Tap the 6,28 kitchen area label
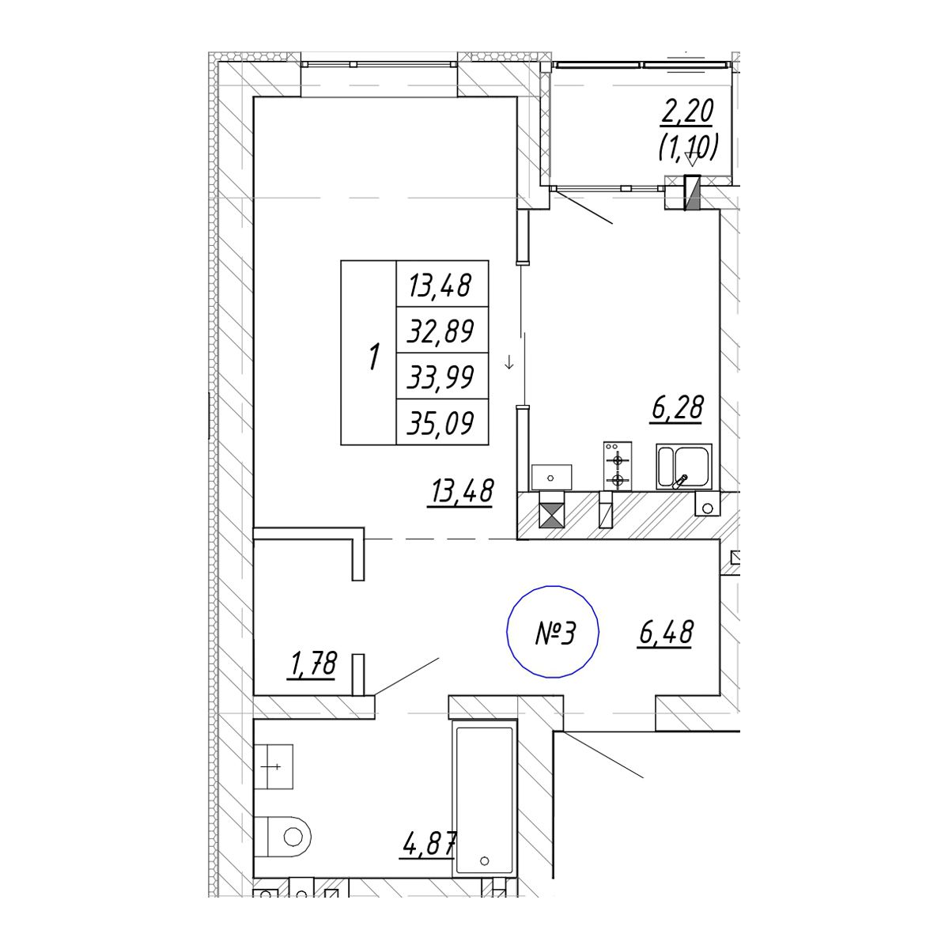676,408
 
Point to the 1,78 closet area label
313,664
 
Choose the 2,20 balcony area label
688,112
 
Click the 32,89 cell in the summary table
441,331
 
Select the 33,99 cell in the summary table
441,376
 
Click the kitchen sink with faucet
684,467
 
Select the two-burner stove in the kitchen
618,467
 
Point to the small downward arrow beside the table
509,365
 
